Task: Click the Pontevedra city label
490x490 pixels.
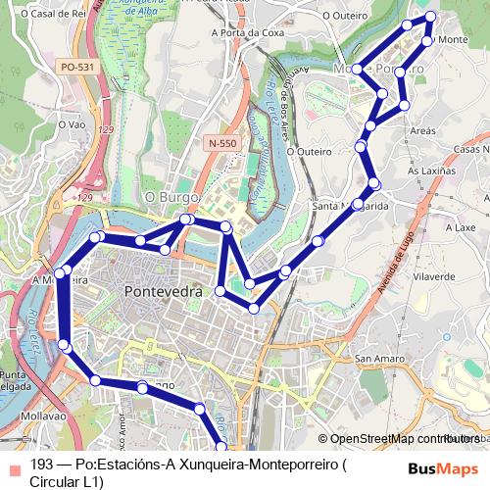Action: point(164,292)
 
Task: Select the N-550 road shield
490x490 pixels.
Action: point(221,143)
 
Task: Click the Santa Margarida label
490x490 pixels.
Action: point(350,207)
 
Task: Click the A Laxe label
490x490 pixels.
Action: point(459,225)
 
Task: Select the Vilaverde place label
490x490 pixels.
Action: point(433,277)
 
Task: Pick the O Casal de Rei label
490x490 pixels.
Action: point(33,15)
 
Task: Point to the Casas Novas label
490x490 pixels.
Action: point(470,148)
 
